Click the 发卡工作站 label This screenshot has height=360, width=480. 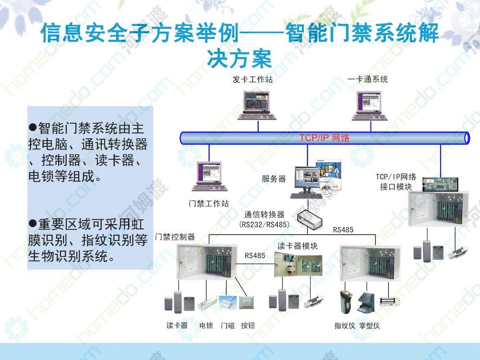[x=252, y=80]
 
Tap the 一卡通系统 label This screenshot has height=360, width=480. [x=368, y=79]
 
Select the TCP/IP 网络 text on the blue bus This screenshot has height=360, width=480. [x=324, y=138]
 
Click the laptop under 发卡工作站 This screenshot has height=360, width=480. [x=257, y=105]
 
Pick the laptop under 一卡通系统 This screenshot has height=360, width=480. [x=370, y=106]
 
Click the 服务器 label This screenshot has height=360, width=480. [x=274, y=179]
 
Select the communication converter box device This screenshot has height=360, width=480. [x=310, y=218]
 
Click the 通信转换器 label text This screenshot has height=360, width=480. [x=264, y=215]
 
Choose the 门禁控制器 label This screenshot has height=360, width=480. [x=175, y=237]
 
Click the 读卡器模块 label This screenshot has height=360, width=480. [x=298, y=246]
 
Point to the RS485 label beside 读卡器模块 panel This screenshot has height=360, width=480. [x=255, y=256]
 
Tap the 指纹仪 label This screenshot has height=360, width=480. [x=345, y=325]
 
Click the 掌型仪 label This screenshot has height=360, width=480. [x=370, y=325]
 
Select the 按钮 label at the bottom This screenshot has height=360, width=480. [x=248, y=325]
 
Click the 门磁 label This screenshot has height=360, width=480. [x=228, y=325]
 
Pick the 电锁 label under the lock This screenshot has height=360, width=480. [x=206, y=325]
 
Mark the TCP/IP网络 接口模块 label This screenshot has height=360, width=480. [x=396, y=181]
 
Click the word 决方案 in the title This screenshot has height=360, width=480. [x=240, y=59]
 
